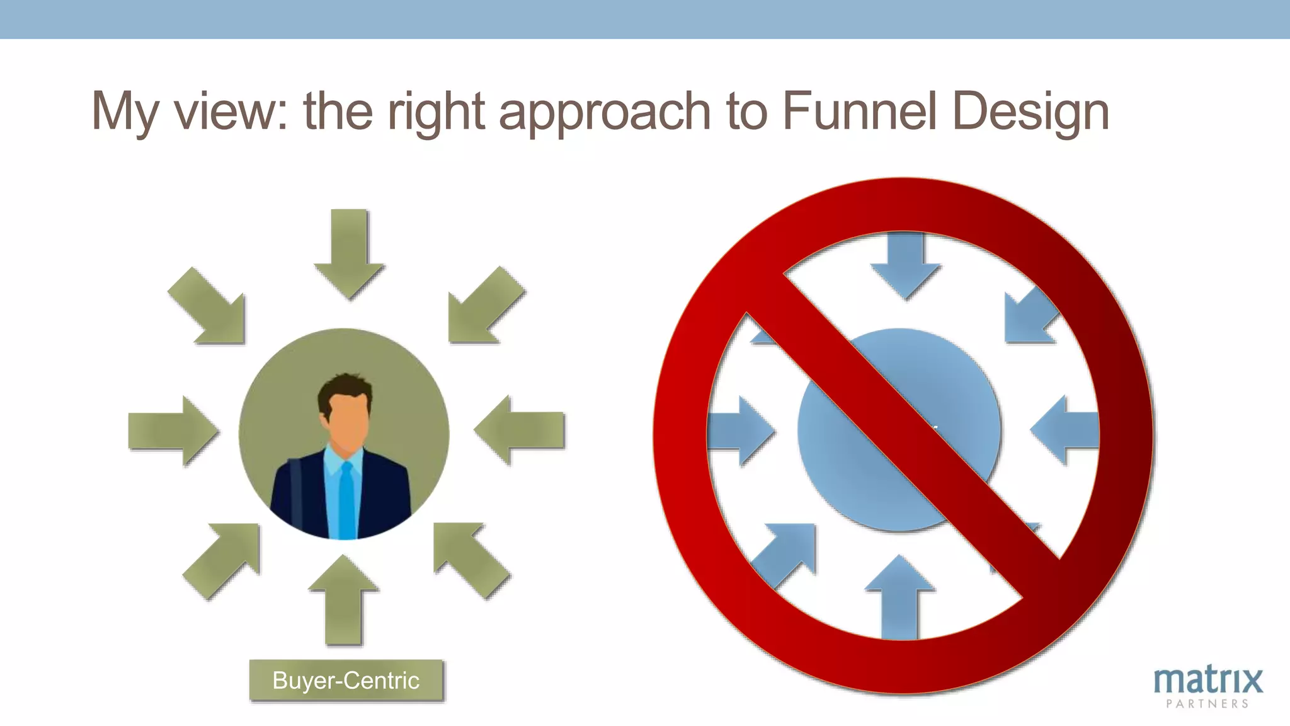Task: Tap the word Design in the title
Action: tap(1030, 112)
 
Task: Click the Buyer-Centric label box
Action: tap(346, 681)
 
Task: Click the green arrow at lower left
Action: tap(223, 558)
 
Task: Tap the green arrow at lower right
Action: tap(469, 558)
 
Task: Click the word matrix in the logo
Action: tap(1207, 680)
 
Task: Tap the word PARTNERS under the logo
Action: tap(1207, 704)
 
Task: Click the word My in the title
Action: tap(124, 112)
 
